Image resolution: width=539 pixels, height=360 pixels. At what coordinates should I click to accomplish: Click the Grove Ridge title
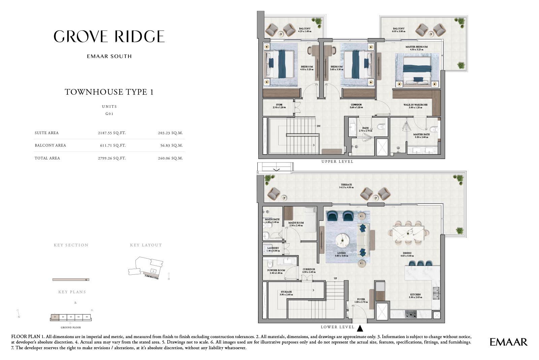pyautogui.click(x=109, y=36)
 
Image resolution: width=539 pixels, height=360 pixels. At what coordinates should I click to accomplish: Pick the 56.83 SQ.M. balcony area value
pyautogui.click(x=170, y=145)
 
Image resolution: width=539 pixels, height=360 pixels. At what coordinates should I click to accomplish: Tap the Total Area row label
pyautogui.click(x=47, y=158)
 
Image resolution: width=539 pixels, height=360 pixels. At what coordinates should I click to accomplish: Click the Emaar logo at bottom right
pyautogui.click(x=509, y=342)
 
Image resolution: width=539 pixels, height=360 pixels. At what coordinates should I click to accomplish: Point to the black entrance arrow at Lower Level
pyautogui.click(x=360, y=328)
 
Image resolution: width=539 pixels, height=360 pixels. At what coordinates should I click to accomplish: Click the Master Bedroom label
pyautogui.click(x=417, y=48)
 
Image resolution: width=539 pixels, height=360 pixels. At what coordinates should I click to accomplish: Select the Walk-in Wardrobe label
pyautogui.click(x=415, y=106)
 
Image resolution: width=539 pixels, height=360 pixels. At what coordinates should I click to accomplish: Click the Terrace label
pyautogui.click(x=346, y=186)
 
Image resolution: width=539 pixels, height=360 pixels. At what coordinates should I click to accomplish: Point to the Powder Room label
pyautogui.click(x=276, y=271)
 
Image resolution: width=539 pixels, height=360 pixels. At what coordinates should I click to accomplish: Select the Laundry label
pyautogui.click(x=273, y=249)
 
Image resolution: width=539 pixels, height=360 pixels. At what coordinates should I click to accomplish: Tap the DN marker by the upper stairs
pyautogui.click(x=318, y=126)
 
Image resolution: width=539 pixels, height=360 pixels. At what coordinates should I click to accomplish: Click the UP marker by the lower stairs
pyautogui.click(x=335, y=278)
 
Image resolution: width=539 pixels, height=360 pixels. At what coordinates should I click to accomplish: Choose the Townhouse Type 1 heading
pyautogui.click(x=109, y=92)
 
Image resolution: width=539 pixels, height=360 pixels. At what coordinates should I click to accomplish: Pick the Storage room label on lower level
pyautogui.click(x=286, y=293)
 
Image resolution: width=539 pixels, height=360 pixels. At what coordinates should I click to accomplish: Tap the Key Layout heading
pyautogui.click(x=146, y=245)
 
